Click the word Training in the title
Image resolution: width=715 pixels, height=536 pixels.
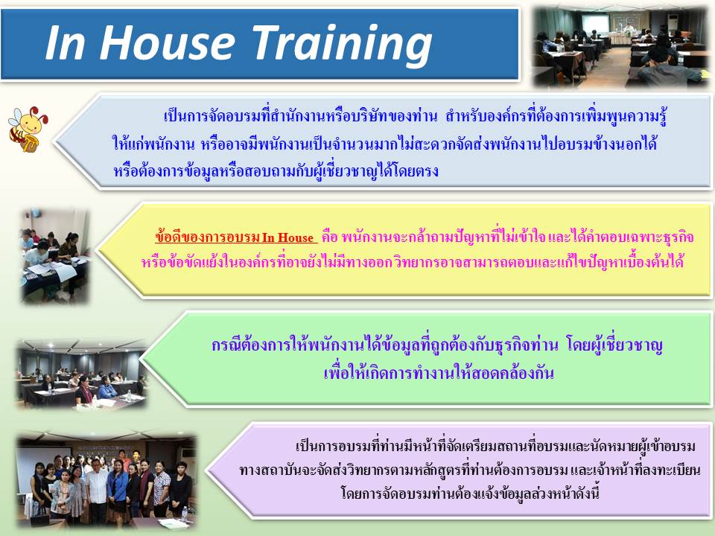tap(342, 42)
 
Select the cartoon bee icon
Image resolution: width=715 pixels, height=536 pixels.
tap(28, 129)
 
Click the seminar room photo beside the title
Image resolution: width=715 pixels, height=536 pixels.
tap(620, 46)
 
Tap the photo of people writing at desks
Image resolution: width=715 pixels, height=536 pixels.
tap(54, 256)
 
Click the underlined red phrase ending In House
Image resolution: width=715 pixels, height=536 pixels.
tap(235, 237)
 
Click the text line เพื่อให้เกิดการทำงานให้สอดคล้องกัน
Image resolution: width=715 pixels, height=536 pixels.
tap(438, 373)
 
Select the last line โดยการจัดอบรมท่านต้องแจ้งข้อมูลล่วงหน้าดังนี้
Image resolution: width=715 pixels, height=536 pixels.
tap(469, 494)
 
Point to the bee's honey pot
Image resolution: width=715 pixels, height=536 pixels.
tap(30, 144)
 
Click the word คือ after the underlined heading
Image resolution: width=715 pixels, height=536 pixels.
tap(329, 237)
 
